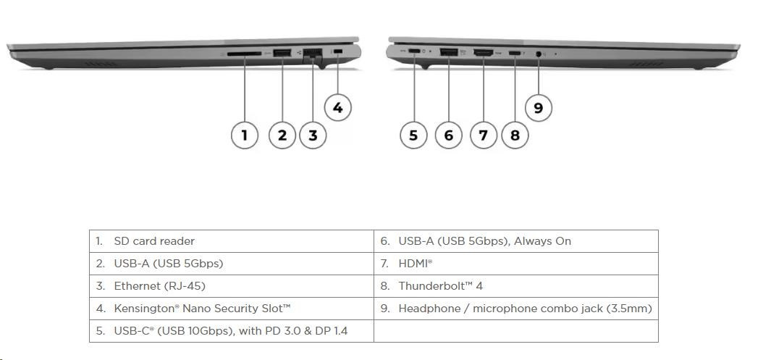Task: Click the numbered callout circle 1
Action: coord(245,135)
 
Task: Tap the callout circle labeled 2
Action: coord(282,135)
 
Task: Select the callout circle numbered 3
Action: coord(313,135)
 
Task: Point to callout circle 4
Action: coord(338,108)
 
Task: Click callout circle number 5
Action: coord(413,135)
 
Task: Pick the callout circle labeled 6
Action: coord(449,135)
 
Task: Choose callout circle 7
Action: coord(484,135)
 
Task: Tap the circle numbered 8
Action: coord(515,135)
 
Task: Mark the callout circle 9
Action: coord(538,108)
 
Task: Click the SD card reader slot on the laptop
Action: coord(244,53)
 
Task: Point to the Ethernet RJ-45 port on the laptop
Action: coord(313,53)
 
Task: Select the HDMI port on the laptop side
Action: coord(483,52)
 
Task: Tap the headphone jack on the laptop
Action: coord(539,53)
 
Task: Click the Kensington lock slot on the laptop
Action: coord(338,51)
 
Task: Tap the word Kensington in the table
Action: coord(144,309)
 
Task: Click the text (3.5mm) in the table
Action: coord(629,309)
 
